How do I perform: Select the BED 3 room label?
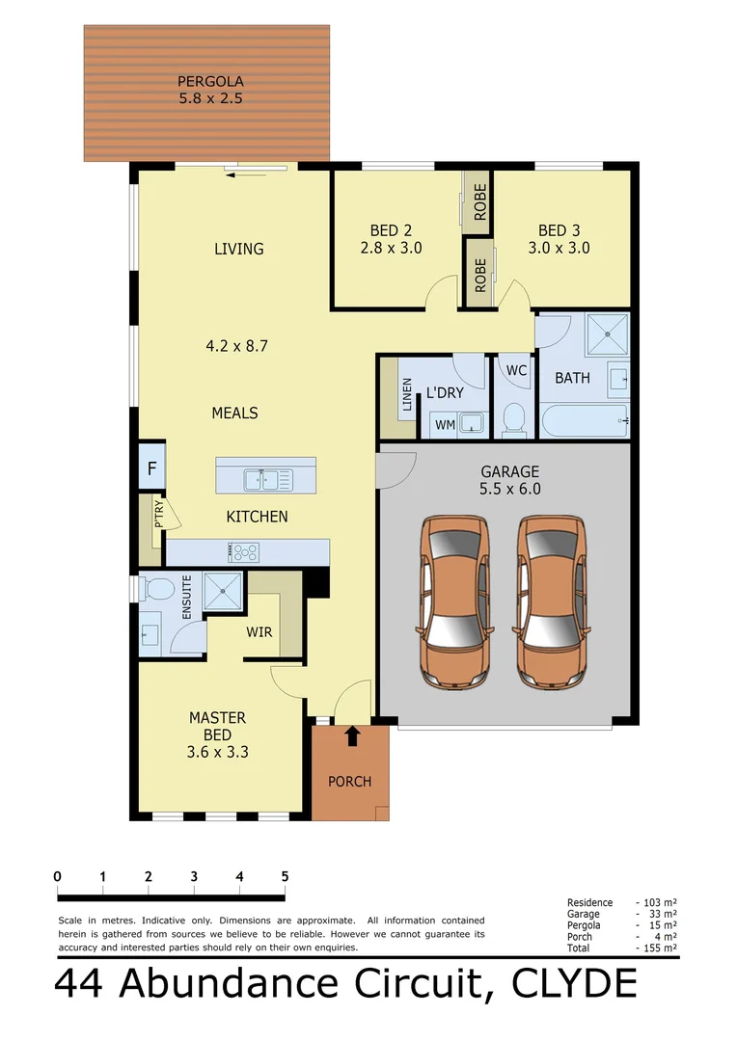click(559, 230)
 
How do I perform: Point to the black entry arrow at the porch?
click(352, 736)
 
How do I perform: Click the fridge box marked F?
click(151, 470)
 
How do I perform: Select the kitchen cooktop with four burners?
click(244, 552)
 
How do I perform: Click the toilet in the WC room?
click(513, 419)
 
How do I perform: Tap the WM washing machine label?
click(444, 423)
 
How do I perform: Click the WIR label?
click(259, 632)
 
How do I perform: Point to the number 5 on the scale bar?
click(285, 876)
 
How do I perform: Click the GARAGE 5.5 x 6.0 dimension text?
click(510, 489)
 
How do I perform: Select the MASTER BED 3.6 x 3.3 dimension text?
click(217, 752)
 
